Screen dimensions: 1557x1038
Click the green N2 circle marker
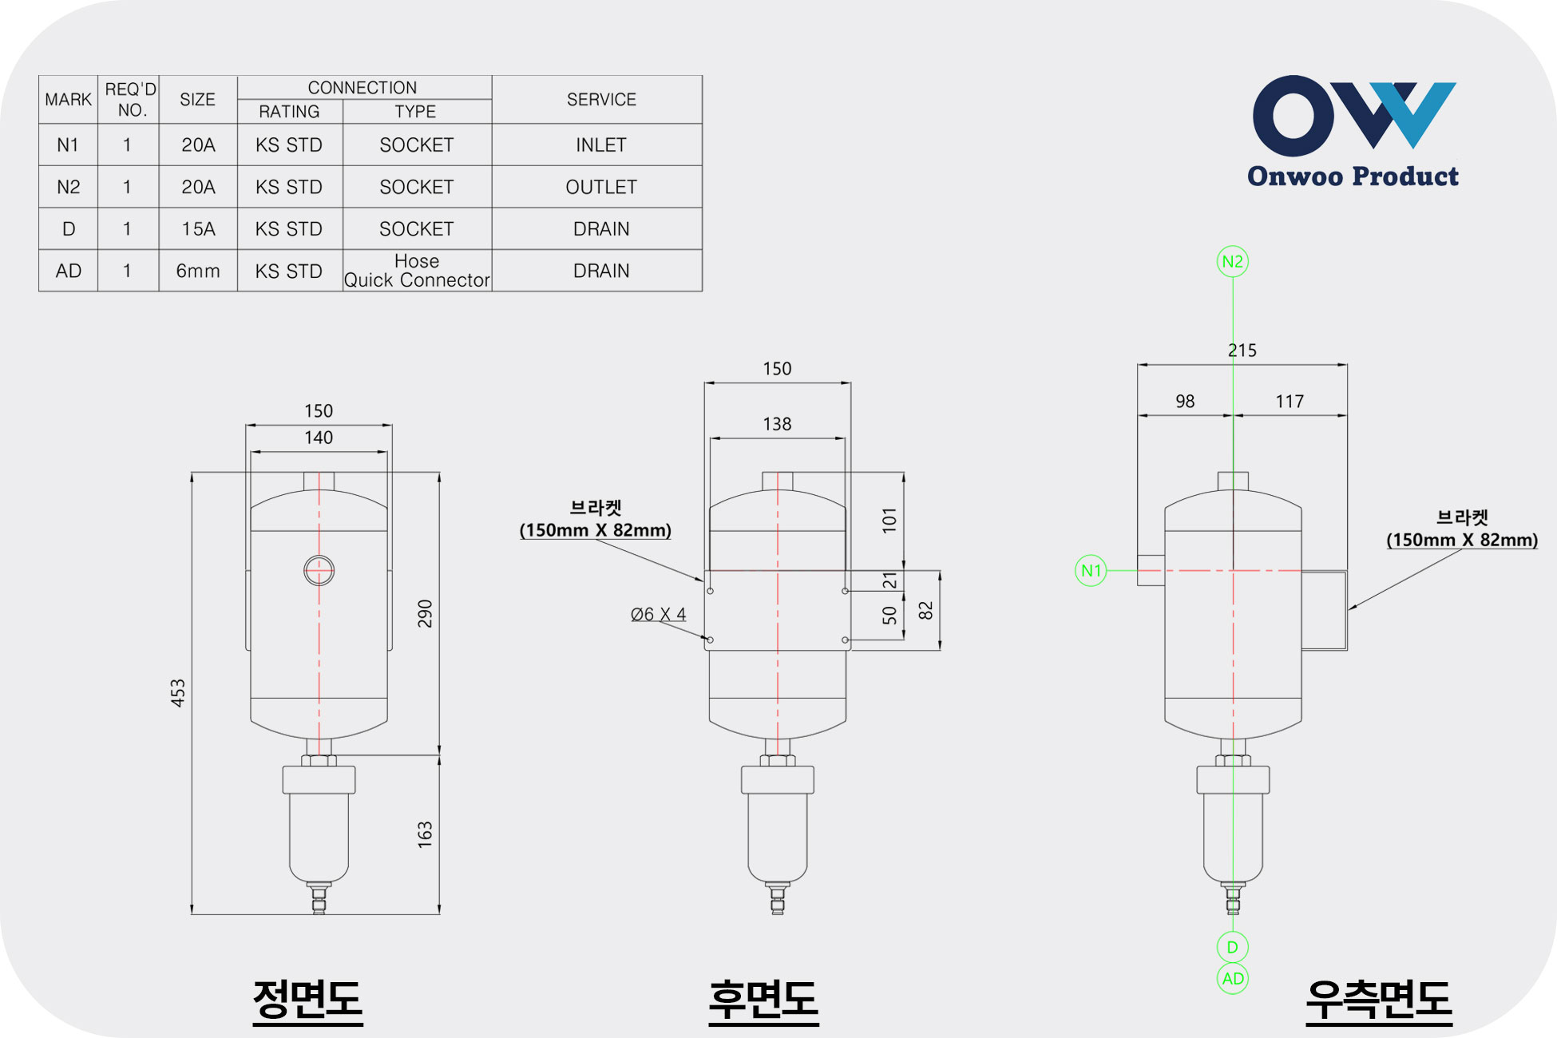click(1232, 261)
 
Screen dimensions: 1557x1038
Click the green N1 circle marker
click(1091, 570)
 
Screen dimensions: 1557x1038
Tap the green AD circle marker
click(1233, 978)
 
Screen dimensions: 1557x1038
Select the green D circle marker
click(1233, 947)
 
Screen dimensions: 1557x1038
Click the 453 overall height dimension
click(178, 692)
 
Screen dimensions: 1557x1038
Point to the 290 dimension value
click(425, 613)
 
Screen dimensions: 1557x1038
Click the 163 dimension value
click(425, 834)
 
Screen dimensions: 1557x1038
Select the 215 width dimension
click(1242, 350)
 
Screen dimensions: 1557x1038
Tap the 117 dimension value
click(1290, 401)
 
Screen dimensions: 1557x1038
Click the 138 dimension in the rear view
click(777, 424)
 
